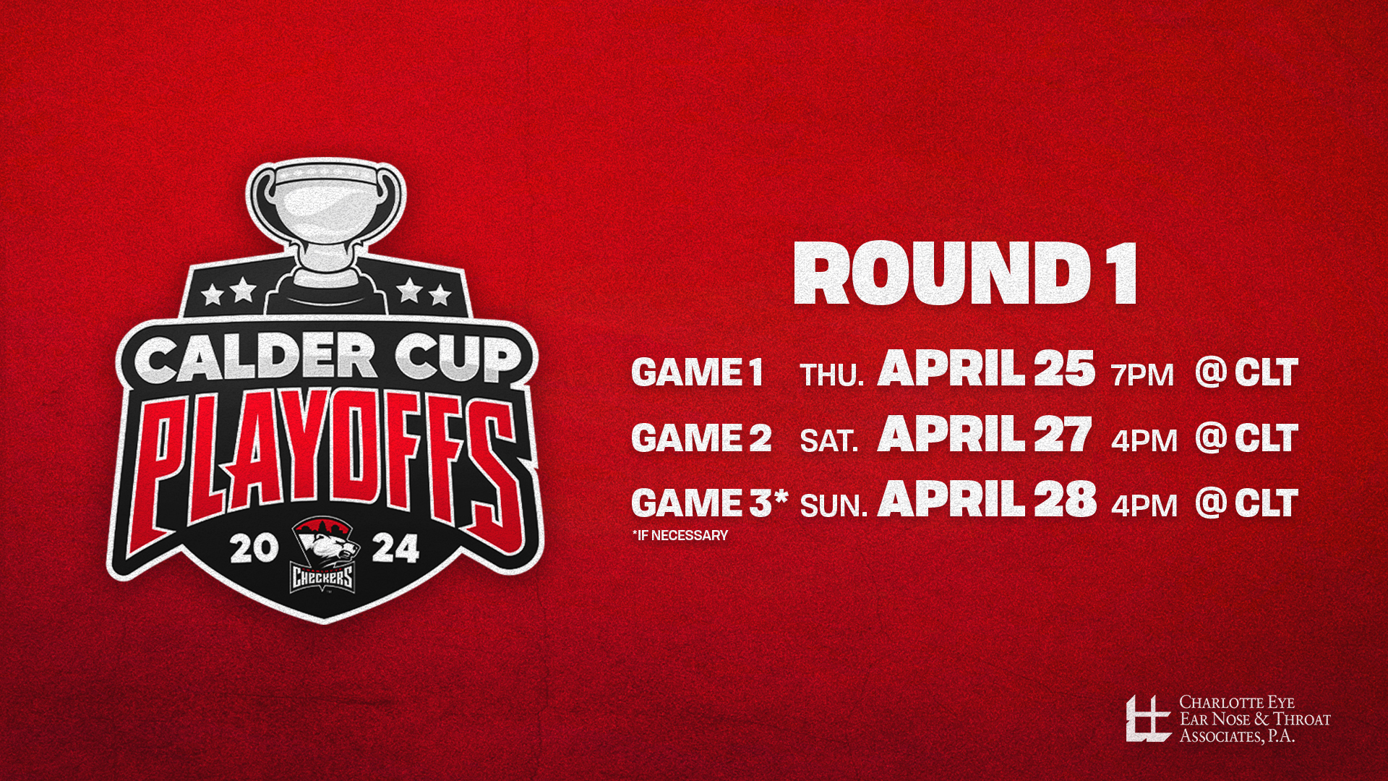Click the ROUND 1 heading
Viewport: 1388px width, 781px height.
click(x=966, y=274)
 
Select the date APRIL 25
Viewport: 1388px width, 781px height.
click(x=986, y=370)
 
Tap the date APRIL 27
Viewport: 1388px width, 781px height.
click(x=985, y=435)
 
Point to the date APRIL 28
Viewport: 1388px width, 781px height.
click(x=987, y=500)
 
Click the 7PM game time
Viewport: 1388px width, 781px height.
click(x=1142, y=375)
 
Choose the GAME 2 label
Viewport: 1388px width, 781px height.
click(x=701, y=438)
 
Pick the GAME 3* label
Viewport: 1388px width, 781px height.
click(x=708, y=503)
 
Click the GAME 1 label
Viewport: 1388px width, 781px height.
click(x=697, y=373)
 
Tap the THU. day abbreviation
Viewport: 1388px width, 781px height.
click(x=831, y=375)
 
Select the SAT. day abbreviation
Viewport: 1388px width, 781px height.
click(x=829, y=440)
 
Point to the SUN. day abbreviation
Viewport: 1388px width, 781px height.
click(x=834, y=505)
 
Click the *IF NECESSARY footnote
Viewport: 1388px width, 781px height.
click(x=680, y=536)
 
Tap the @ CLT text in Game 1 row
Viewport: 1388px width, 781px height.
click(x=1246, y=372)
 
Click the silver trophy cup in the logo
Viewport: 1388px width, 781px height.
click(x=325, y=217)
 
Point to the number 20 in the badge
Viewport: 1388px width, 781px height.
click(x=252, y=550)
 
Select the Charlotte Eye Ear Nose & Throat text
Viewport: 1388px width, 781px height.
click(x=1254, y=719)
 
